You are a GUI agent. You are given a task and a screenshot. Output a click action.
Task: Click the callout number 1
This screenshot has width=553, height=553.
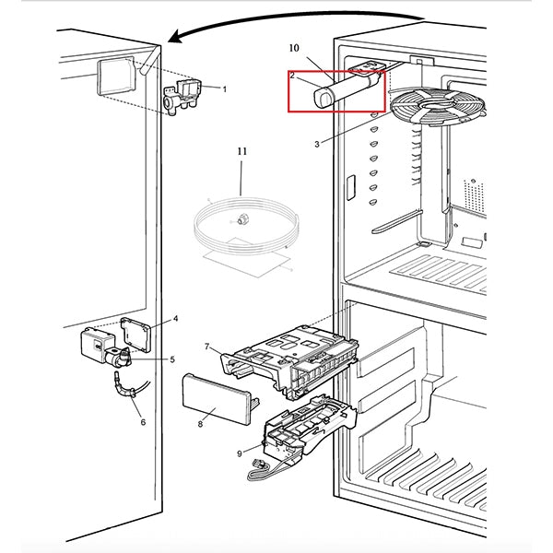pyautogui.click(x=225, y=89)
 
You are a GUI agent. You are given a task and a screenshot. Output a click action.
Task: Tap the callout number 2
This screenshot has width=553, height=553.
pyautogui.click(x=292, y=76)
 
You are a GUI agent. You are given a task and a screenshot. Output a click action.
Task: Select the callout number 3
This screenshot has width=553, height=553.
pyautogui.click(x=317, y=145)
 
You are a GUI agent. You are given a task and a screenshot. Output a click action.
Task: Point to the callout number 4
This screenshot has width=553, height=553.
pyautogui.click(x=176, y=319)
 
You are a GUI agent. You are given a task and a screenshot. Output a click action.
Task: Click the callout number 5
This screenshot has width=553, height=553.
pyautogui.click(x=172, y=359)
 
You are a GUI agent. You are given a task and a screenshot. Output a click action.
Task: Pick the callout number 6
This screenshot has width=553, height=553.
pyautogui.click(x=143, y=422)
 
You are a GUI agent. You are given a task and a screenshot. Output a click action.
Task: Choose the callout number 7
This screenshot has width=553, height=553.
pyautogui.click(x=207, y=347)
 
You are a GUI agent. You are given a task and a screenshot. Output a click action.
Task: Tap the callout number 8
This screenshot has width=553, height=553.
pyautogui.click(x=200, y=424)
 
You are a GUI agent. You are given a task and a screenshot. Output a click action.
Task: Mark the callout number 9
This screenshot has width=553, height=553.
pyautogui.click(x=240, y=453)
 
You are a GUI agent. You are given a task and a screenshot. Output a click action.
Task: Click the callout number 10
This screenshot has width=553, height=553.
pyautogui.click(x=294, y=48)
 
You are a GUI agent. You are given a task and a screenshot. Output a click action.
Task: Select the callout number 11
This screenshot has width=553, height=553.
pyautogui.click(x=241, y=151)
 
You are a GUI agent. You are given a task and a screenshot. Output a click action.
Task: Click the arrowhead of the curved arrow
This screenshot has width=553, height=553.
pyautogui.click(x=175, y=37)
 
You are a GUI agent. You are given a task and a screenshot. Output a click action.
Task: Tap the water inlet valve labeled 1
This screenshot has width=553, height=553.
pyautogui.click(x=182, y=97)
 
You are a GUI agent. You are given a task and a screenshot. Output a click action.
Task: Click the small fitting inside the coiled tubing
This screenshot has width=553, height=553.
pyautogui.click(x=241, y=219)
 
